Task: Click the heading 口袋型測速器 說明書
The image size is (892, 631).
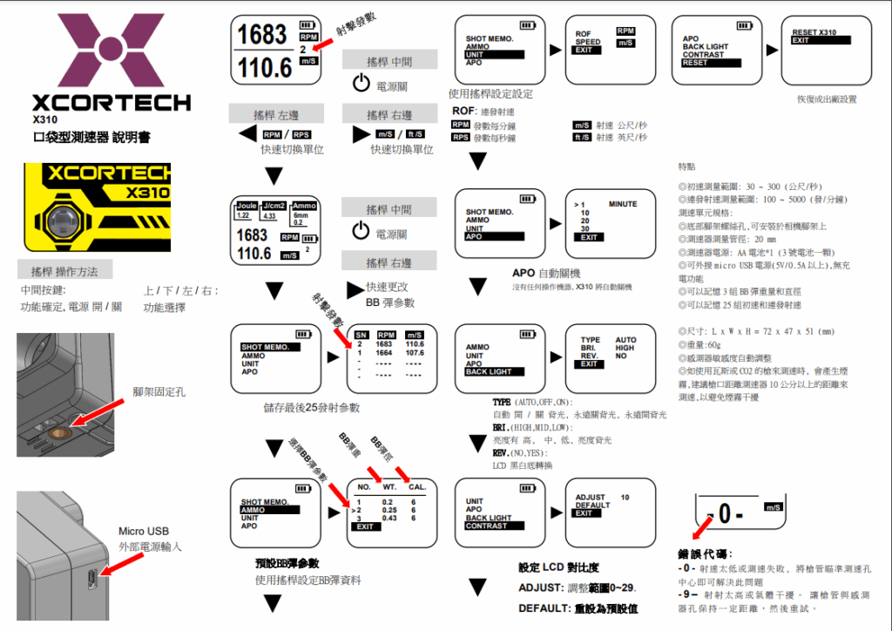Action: pos(91,138)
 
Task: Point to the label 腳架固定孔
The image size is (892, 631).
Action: pos(159,392)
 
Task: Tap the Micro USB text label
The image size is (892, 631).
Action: pos(144,531)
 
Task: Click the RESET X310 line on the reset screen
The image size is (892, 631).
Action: pos(814,32)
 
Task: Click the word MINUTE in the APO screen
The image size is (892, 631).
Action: pos(623,204)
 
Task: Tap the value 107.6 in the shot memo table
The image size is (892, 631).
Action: pos(414,353)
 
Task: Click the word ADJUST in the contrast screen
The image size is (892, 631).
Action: pos(590,498)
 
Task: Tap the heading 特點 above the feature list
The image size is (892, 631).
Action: pos(686,166)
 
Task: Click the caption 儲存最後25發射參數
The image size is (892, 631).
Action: pos(311,407)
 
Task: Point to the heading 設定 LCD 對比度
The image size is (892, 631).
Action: pos(558,567)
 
